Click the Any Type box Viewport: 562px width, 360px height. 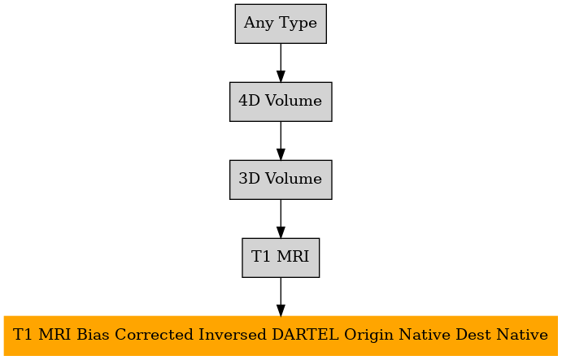point(281,24)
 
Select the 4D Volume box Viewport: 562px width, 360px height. point(281,102)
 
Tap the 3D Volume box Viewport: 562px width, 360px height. point(281,180)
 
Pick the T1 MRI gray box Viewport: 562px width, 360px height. point(281,258)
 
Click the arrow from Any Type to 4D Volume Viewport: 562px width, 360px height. point(281,63)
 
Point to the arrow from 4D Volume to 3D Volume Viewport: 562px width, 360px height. point(281,141)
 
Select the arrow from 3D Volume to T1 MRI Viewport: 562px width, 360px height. point(281,219)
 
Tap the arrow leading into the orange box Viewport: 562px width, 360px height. point(281,297)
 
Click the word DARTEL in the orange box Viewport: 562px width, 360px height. point(305,335)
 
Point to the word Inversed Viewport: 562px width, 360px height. point(233,335)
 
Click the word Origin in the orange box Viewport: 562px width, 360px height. point(368,336)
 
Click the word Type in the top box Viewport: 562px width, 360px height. point(298,24)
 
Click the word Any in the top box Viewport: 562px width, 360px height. point(259,24)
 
